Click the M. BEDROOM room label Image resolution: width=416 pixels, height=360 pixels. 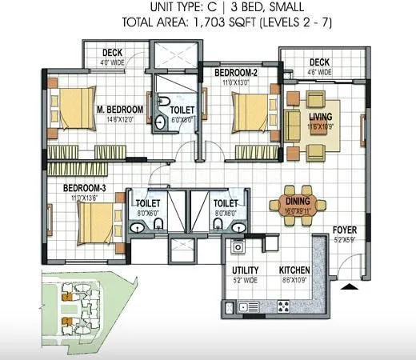[120, 109]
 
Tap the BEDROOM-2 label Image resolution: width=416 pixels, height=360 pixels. [236, 73]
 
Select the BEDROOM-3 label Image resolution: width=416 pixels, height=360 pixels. [86, 188]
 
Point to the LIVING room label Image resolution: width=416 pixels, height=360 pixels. [320, 117]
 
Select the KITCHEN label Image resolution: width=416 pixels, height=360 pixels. [294, 270]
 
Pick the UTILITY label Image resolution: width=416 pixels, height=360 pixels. [245, 270]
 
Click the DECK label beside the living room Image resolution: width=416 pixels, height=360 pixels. [319, 62]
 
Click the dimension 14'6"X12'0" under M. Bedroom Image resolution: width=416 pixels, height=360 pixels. [120, 119]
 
